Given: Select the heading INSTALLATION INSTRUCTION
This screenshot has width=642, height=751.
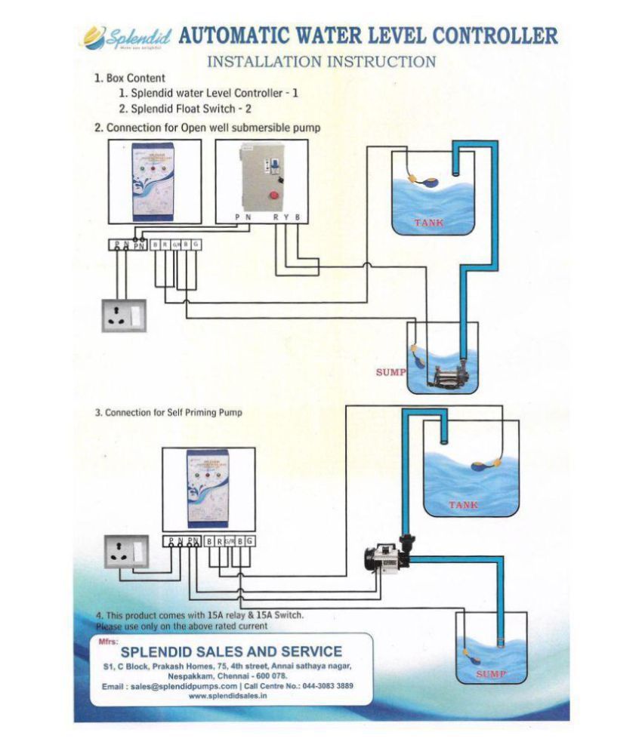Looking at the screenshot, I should [321, 60].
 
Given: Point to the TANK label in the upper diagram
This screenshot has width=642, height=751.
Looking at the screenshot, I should [428, 223].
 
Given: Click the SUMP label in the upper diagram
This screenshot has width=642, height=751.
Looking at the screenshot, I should [390, 372].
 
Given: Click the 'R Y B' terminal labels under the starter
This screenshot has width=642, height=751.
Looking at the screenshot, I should [286, 217].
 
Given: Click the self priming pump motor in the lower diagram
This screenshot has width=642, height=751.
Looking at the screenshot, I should [386, 559].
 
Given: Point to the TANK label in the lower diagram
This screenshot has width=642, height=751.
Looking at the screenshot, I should [463, 505].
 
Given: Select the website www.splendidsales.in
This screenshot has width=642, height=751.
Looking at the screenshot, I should [231, 697].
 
